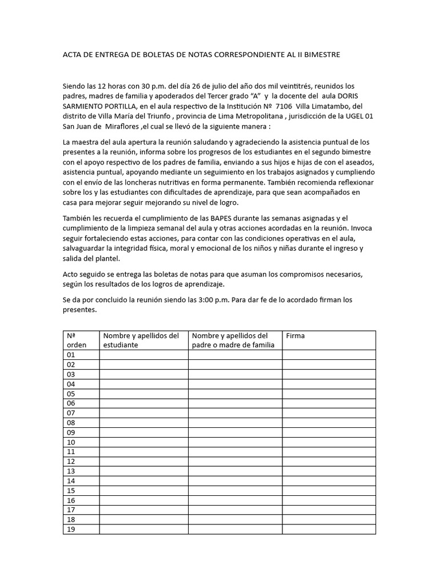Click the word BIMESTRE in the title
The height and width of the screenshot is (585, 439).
click(x=321, y=55)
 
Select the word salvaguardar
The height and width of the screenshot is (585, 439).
click(x=86, y=249)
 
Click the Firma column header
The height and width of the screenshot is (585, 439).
click(x=296, y=336)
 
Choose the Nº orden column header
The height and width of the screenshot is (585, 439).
click(x=77, y=340)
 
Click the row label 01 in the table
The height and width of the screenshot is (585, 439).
click(x=71, y=355)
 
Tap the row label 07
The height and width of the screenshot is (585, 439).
click(x=71, y=413)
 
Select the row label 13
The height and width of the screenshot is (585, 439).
click(x=71, y=471)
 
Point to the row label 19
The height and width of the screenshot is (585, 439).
click(x=71, y=530)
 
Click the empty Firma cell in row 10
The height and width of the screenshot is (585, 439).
click(x=329, y=442)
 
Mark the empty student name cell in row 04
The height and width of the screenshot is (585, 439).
click(x=143, y=384)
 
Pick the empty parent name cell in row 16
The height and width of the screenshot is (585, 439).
click(x=235, y=500)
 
